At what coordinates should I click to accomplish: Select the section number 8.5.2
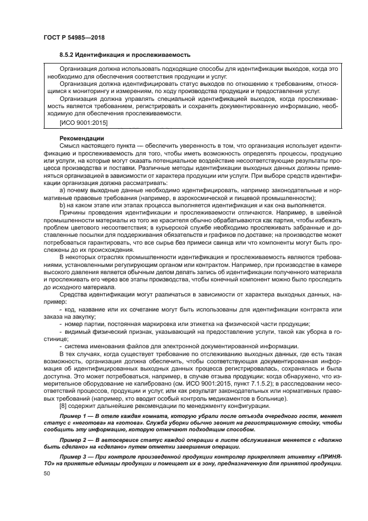(68, 55)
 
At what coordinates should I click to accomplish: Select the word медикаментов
(243, 398)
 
